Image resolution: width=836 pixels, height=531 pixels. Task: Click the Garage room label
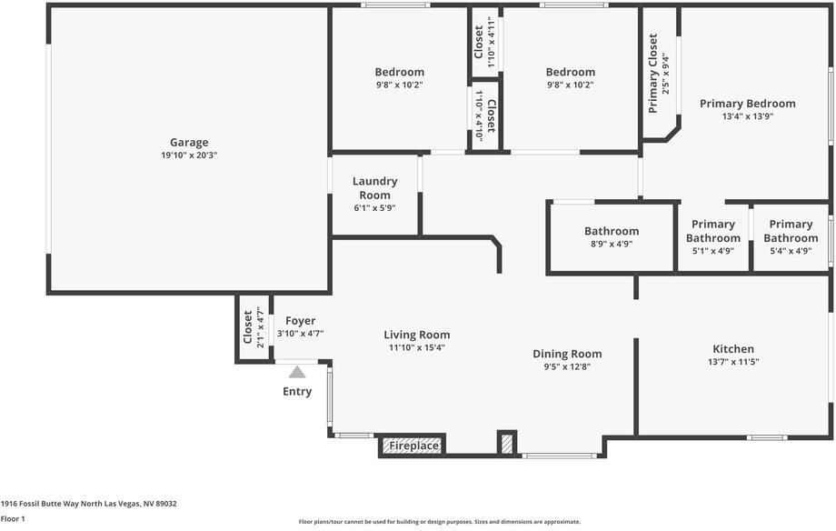189,142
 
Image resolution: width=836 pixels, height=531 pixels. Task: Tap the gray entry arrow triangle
297,372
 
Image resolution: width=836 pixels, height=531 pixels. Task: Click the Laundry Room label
374,188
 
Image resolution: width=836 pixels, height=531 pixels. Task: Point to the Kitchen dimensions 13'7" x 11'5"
733,362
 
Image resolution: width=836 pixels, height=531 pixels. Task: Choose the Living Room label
416,335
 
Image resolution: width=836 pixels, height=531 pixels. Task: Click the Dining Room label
567,354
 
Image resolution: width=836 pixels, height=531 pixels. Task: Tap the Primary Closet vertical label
653,74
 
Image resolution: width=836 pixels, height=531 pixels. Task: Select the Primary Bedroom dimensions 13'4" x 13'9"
747,116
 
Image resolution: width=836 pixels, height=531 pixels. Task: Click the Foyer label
300,321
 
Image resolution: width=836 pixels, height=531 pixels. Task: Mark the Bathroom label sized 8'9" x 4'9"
611,231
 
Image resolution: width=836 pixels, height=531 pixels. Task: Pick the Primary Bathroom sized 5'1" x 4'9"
713,231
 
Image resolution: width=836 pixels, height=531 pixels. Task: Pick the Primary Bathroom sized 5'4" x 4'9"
791,231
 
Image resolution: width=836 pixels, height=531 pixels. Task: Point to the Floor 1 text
13,518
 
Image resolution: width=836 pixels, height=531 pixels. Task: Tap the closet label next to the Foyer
248,328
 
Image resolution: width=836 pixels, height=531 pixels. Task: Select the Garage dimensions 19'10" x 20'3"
189,155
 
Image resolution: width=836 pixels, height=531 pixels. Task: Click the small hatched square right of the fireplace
506,443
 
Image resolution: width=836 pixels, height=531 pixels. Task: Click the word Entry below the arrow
297,392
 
